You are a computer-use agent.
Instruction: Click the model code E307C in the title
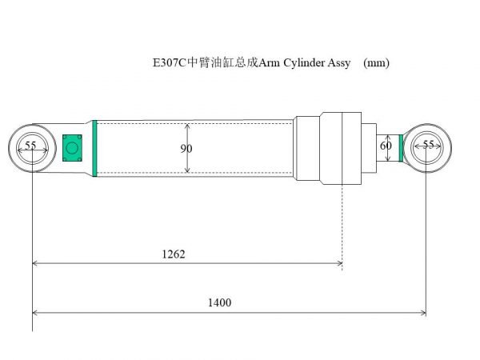169,63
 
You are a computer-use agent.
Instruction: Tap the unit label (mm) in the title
376,63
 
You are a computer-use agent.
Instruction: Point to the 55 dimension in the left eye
30,146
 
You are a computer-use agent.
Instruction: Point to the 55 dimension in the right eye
428,145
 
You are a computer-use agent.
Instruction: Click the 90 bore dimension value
186,148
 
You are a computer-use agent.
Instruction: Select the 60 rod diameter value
386,146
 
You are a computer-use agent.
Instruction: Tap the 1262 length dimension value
174,254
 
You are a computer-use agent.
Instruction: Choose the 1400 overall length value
218,302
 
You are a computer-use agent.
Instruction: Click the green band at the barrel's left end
94,148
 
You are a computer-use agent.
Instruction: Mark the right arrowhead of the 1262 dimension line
339,262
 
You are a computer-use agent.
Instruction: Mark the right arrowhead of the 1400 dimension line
422,312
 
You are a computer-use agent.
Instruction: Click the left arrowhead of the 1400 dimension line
36,312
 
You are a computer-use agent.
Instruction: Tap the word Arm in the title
269,63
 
